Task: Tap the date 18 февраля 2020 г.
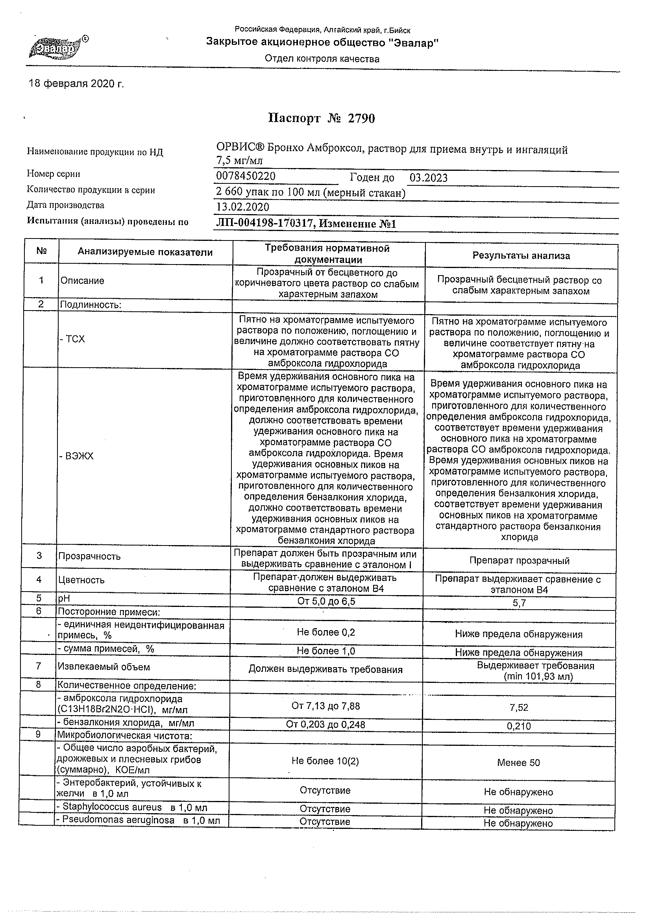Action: point(76,84)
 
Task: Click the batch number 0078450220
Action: point(246,176)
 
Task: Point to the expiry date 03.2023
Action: point(428,178)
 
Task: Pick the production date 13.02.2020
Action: point(242,207)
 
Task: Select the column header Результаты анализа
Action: point(521,255)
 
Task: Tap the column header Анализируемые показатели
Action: point(145,252)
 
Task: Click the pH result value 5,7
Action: point(519,603)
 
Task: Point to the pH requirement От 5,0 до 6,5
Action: point(326,601)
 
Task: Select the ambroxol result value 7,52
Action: point(519,707)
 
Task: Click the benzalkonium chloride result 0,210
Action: point(519,726)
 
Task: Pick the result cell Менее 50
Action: point(518,762)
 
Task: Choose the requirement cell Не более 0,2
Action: point(326,632)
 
